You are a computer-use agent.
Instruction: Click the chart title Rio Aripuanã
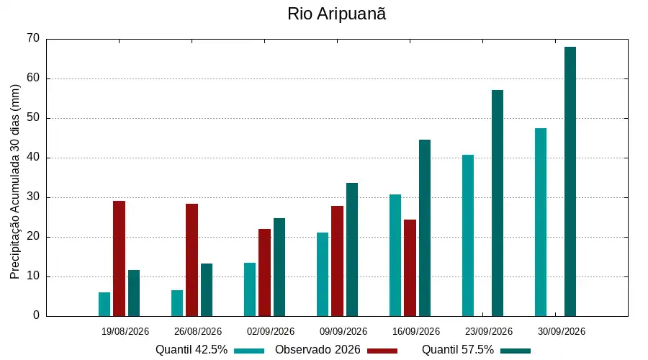pos(336,14)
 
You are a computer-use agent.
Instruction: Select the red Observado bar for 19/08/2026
pos(119,258)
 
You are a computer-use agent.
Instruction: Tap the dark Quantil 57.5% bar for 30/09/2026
pos(570,181)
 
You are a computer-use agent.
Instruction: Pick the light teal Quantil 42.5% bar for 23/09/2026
pos(468,235)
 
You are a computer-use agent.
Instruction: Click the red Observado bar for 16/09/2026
pos(410,268)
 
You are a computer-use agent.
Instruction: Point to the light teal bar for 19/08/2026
pos(104,305)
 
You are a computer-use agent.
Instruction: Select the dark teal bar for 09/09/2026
pos(352,250)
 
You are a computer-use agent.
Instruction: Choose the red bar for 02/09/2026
pos(264,272)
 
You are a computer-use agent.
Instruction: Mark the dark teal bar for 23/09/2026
pos(498,203)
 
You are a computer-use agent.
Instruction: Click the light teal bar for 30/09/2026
pos(541,222)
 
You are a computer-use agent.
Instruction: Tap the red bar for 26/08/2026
pos(192,260)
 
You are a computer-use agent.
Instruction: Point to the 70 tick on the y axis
pos(33,38)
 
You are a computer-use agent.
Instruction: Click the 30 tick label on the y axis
pos(33,197)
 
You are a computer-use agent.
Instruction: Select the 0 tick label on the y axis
pos(37,315)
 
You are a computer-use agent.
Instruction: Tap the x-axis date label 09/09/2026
pos(343,331)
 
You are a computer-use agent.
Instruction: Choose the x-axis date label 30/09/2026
pos(561,331)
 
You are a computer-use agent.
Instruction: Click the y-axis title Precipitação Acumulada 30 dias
pos(15,182)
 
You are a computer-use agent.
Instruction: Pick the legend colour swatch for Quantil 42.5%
pos(249,351)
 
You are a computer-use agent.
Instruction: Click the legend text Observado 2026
pos(318,350)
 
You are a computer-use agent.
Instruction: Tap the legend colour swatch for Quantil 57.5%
pos(516,351)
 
